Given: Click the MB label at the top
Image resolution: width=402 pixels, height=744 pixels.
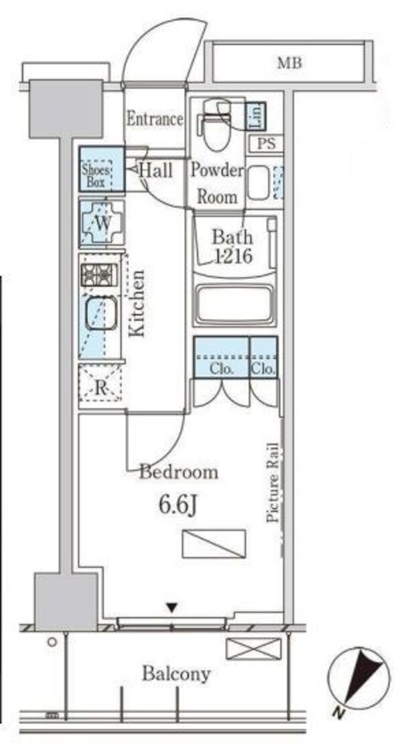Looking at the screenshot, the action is click(289, 63).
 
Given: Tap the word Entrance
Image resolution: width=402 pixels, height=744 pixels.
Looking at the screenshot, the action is click(155, 119).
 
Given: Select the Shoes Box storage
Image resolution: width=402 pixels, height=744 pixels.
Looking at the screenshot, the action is click(102, 169).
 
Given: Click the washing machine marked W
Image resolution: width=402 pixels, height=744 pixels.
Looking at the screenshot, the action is click(102, 223).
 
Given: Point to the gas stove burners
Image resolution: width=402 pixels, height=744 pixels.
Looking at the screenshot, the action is click(99, 275).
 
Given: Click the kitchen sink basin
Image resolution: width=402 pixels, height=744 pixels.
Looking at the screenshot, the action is click(100, 313).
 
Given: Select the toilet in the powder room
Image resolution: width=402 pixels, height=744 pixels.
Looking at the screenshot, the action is click(216, 123).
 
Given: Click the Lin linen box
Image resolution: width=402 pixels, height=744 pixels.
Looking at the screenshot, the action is click(256, 116).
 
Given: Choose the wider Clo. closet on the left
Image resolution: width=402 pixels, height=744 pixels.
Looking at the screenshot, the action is click(221, 357).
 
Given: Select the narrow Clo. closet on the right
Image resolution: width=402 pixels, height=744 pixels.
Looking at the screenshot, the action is click(264, 357).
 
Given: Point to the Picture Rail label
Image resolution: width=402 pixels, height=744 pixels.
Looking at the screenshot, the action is click(273, 482).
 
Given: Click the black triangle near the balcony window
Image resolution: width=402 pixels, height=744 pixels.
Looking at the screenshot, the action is click(172, 608).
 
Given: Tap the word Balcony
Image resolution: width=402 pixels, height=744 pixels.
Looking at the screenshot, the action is click(176, 674).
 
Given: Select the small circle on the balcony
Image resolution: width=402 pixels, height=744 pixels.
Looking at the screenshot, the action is click(52, 642).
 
